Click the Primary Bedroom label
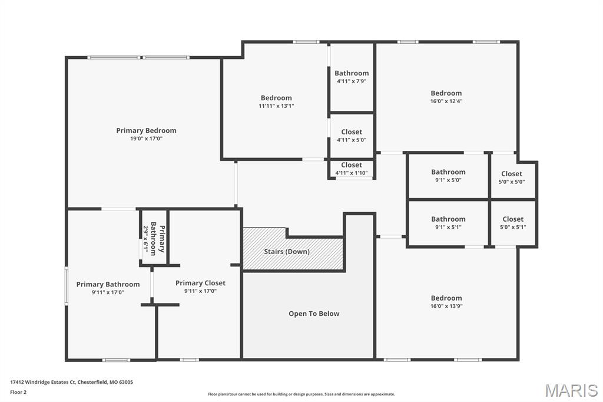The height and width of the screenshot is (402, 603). pos(146,130)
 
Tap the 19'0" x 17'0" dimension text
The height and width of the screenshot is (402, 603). pos(146,139)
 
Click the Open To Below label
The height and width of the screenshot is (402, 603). pos(313,314)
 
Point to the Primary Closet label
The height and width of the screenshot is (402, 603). pos(200,283)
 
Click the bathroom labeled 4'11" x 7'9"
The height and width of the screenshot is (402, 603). pos(352,77)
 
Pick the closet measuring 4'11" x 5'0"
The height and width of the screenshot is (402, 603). pos(352,136)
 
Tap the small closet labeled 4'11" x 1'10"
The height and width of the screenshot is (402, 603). pos(352,169)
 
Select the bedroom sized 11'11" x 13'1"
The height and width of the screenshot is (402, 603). pos(276,102)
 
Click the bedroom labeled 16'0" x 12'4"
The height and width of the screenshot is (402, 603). pos(446,97)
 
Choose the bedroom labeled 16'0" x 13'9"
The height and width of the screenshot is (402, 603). pos(446,302)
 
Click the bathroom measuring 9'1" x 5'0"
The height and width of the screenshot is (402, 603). pos(448,176)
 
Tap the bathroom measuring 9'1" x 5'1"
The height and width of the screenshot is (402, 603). pos(448,222)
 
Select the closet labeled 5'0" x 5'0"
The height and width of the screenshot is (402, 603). pos(511,177)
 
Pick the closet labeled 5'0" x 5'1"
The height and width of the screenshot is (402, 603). pos(512,222)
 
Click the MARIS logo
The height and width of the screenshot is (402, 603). pos(571,390)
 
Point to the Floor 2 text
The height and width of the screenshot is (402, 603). pos(18,391)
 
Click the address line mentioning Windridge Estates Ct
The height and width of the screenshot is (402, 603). pos(71,382)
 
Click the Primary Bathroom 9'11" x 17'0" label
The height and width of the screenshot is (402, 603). pos(108,288)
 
